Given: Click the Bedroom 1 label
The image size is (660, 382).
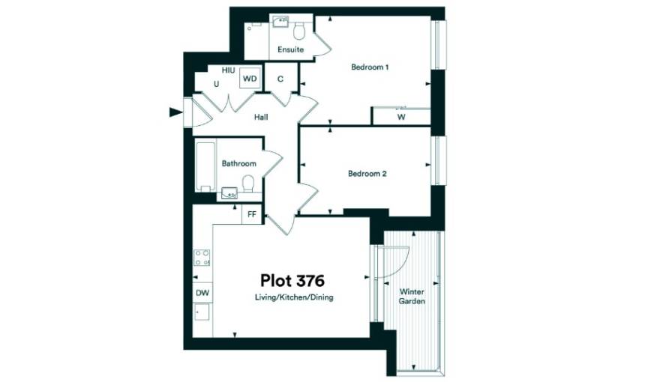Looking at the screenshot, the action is [x=370, y=67].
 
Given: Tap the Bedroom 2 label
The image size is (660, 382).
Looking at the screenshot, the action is [x=367, y=174].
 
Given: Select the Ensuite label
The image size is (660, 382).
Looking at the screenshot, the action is [x=290, y=49].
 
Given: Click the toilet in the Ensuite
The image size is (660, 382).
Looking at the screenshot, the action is [x=299, y=30].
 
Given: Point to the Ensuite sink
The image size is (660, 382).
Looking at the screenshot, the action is [x=280, y=21].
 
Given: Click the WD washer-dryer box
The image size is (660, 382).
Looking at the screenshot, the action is [x=250, y=79].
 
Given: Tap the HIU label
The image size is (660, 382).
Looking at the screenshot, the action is [x=228, y=70].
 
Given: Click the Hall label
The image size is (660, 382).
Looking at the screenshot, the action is [x=261, y=118].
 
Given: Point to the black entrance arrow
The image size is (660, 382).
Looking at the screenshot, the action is [x=175, y=112].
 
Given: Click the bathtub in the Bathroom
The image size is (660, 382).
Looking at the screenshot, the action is [x=205, y=167].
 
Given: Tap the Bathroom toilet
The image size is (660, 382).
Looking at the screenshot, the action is [x=248, y=184].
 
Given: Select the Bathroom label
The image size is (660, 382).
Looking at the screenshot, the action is [x=238, y=163].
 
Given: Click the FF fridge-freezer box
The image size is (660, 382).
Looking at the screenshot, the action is [x=252, y=215].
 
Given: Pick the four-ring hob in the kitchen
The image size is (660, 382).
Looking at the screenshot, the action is [x=202, y=258].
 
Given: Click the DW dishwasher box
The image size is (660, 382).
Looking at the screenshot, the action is [x=202, y=293].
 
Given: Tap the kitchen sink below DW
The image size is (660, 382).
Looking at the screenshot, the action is [x=202, y=312].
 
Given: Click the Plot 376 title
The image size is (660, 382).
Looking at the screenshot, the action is [x=292, y=280].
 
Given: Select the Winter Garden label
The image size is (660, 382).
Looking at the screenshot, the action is [x=412, y=297].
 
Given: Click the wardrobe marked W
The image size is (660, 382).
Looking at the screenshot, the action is [x=401, y=116].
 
